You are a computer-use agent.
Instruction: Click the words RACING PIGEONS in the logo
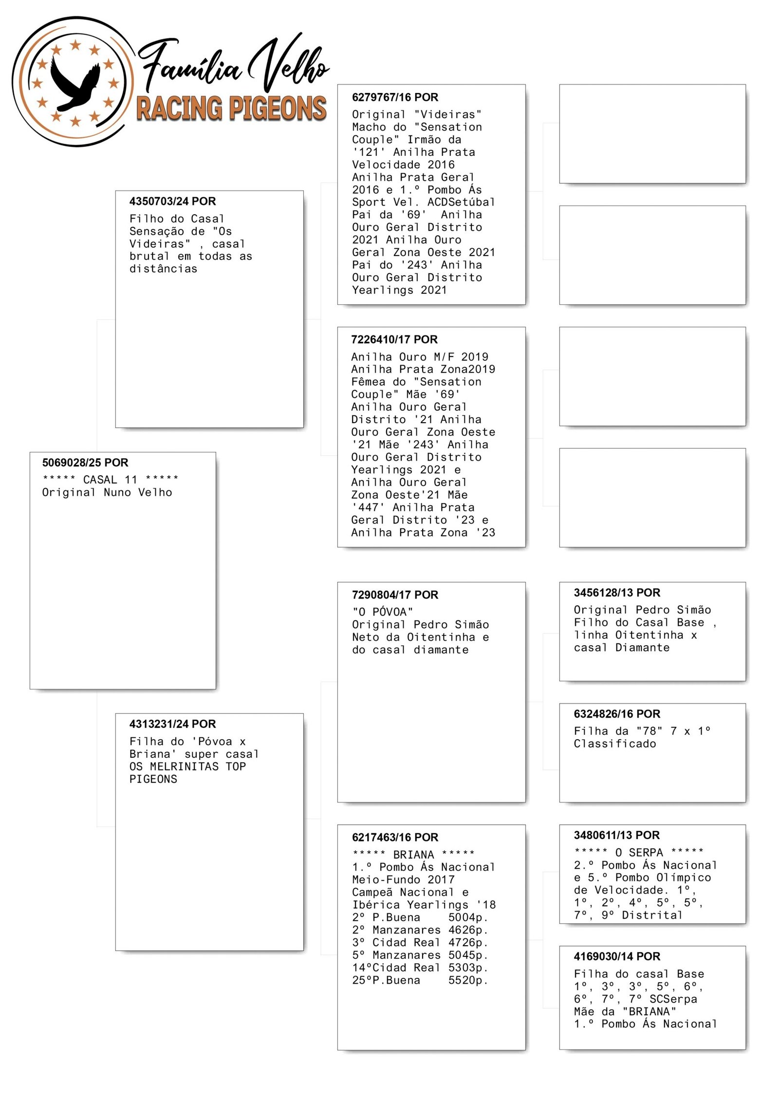pyautogui.click(x=231, y=108)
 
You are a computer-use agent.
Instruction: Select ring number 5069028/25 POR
pyautogui.click(x=85, y=463)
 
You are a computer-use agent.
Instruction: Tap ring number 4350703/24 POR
pyautogui.click(x=172, y=202)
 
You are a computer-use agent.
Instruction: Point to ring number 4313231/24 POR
pyautogui.click(x=172, y=724)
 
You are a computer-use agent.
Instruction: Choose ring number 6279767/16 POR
pyautogui.click(x=395, y=97)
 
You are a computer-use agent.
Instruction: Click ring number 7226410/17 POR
pyautogui.click(x=394, y=339)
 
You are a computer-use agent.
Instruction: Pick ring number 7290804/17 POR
pyautogui.click(x=395, y=595)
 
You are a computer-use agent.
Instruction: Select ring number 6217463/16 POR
pyautogui.click(x=395, y=837)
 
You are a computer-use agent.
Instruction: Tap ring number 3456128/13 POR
pyautogui.click(x=617, y=593)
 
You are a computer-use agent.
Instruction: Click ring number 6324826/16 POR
pyautogui.click(x=617, y=714)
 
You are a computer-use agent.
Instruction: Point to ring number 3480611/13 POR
pyautogui.click(x=616, y=835)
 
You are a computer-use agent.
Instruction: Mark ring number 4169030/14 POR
pyautogui.click(x=617, y=956)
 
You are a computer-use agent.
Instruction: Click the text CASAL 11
pyautogui.click(x=110, y=480)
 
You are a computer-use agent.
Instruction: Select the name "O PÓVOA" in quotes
pyautogui.click(x=383, y=612)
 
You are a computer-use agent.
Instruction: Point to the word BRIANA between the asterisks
pyautogui.click(x=413, y=855)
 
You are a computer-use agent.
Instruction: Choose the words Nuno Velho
pyautogui.click(x=138, y=492)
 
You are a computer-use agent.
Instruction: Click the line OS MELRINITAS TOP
pyautogui.click(x=187, y=766)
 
